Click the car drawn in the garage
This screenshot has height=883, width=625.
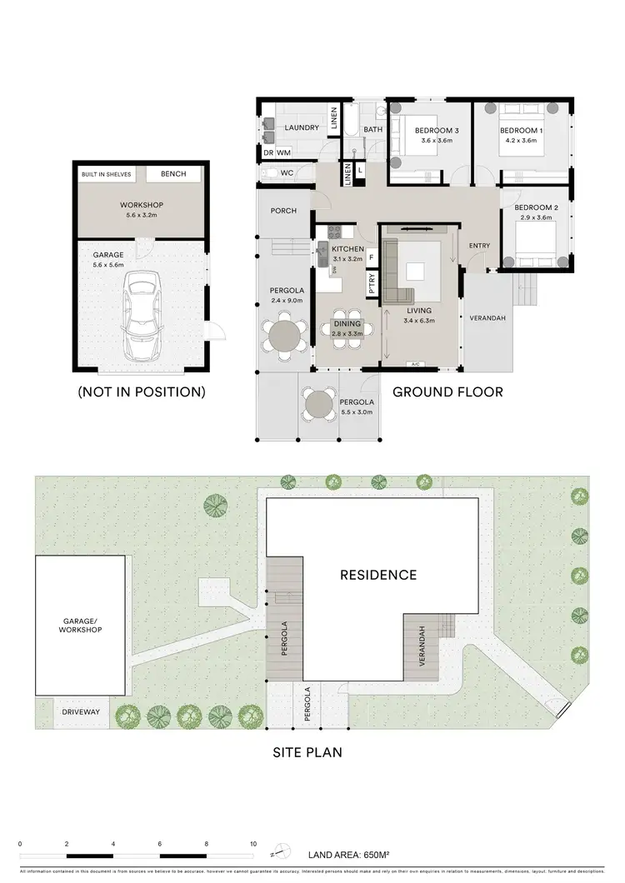[x=139, y=314]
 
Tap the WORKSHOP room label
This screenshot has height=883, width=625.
[x=140, y=205]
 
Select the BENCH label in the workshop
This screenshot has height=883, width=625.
[x=173, y=174]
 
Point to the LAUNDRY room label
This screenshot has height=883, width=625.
[x=301, y=127]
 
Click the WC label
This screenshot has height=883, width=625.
[x=286, y=173]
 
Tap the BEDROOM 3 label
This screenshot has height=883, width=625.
[x=437, y=131]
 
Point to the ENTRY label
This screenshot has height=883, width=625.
[x=479, y=246]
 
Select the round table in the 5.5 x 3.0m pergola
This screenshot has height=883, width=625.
[x=319, y=406]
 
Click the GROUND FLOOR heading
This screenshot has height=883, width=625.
[x=447, y=391]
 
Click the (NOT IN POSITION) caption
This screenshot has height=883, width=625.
[x=141, y=391]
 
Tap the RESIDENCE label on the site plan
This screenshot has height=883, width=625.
[x=377, y=575]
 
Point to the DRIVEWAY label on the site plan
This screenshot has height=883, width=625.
[x=81, y=712]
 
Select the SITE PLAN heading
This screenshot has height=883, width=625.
[x=307, y=752]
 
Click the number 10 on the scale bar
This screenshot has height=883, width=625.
[x=253, y=844]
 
